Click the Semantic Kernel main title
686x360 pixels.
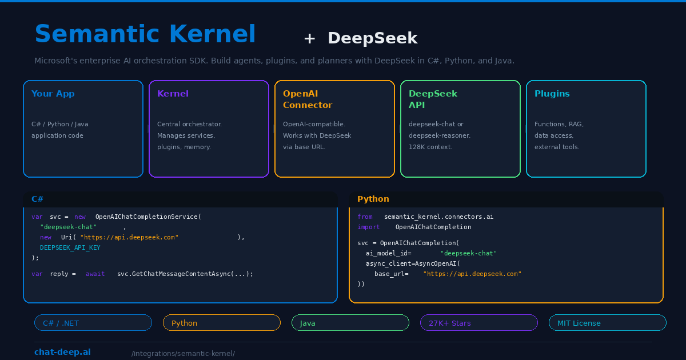pyautogui.click(x=145, y=34)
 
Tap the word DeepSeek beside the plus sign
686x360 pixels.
pyautogui.click(x=372, y=38)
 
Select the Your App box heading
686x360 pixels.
pyautogui.click(x=53, y=94)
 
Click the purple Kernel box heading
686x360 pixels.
pyautogui.click(x=173, y=94)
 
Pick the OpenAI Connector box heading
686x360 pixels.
pyautogui.click(x=308, y=99)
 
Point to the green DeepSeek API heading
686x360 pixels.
pyautogui.click(x=433, y=99)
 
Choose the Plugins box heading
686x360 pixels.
pyautogui.click(x=552, y=94)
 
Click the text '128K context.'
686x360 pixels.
pyautogui.click(x=430, y=147)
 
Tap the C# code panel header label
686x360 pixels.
pyautogui.click(x=38, y=199)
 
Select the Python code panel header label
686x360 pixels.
pyautogui.click(x=373, y=199)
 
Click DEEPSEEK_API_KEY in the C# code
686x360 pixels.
pyautogui.click(x=70, y=247)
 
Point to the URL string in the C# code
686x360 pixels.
pyautogui.click(x=129, y=237)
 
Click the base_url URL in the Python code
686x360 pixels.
pyautogui.click(x=472, y=274)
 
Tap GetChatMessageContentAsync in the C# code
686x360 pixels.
pyautogui.click(x=185, y=274)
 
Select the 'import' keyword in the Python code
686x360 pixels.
pyautogui.click(x=368, y=227)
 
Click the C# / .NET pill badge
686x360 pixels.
pyautogui.click(x=93, y=323)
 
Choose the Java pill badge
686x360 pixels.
pyautogui.click(x=350, y=323)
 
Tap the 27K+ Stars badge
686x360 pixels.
pyautogui.click(x=479, y=323)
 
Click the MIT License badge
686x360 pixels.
pyautogui.click(x=608, y=323)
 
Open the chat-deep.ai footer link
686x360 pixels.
pyautogui.click(x=62, y=352)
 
